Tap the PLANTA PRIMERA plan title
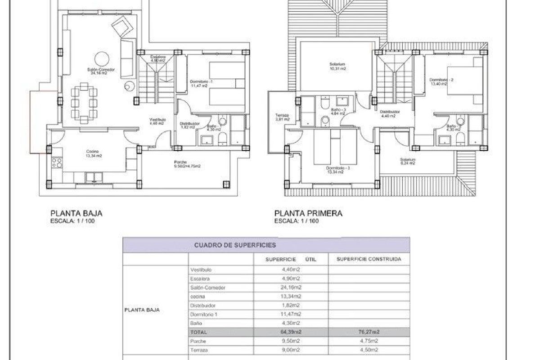click(x=308, y=214)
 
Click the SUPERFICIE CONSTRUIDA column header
click(x=369, y=259)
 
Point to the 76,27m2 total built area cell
click(x=369, y=332)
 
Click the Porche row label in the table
click(x=198, y=341)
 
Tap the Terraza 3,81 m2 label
click(x=282, y=117)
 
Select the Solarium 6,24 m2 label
click(x=408, y=161)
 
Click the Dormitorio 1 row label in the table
click(x=204, y=314)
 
